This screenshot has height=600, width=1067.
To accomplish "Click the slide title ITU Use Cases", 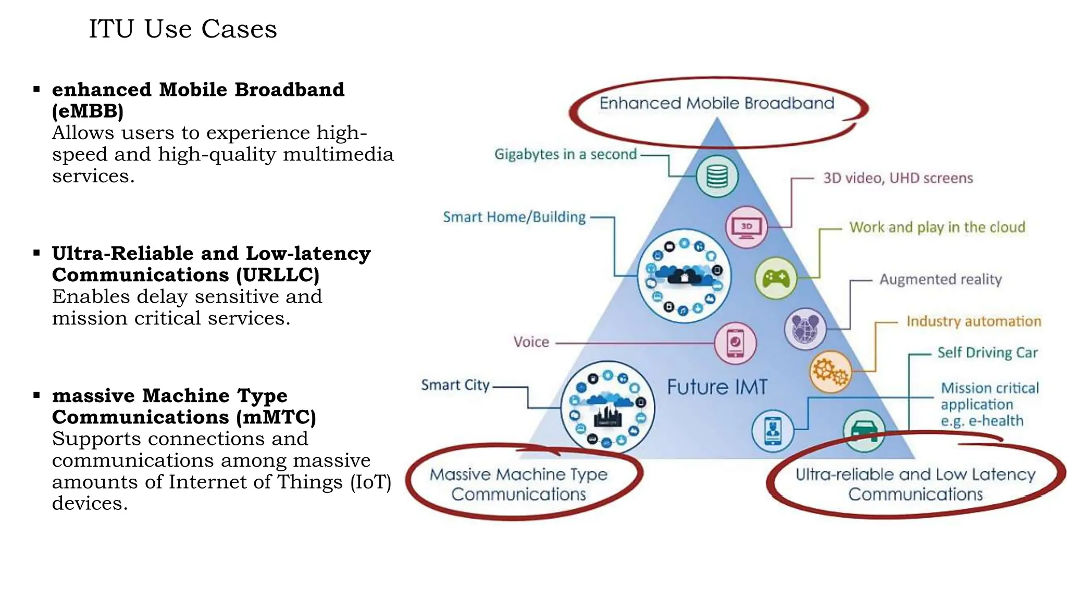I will pos(182,29).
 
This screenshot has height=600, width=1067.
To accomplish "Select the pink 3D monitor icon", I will pos(746,227).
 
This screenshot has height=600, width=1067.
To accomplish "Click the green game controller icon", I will pos(776,278).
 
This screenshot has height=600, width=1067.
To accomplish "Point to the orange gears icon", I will pos(830,371).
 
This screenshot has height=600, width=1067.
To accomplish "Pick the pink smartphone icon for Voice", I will pos(735,343).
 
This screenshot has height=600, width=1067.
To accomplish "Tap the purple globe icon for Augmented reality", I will pos(805,329).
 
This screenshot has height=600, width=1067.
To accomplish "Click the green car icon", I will pos(864,431).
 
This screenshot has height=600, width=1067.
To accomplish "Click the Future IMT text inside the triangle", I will pos(717,387).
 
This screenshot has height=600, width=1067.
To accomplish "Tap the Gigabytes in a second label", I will pos(565,154).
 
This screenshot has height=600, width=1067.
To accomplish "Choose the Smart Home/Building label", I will pos(514,217).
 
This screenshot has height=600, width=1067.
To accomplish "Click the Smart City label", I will pos(455,385).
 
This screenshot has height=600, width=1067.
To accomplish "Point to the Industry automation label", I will pos(973,321).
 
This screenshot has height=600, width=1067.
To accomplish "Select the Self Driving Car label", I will pos(987,353).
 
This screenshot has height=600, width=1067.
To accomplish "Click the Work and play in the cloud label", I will pos(937,227).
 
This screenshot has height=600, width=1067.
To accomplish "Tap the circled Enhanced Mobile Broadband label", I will pos(716,103).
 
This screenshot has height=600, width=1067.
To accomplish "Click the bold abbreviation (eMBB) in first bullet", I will pos(88,111).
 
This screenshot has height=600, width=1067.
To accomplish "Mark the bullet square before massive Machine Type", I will pos(36,395).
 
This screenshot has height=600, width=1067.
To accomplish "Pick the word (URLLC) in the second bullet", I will pos(277,275).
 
